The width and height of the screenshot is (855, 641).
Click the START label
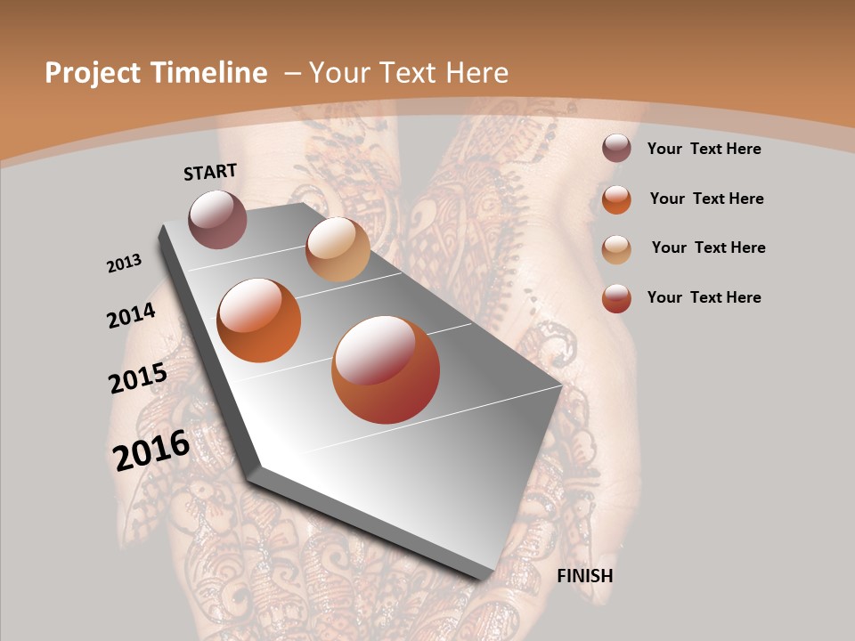[x=210, y=172]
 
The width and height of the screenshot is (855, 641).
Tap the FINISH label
[x=584, y=576]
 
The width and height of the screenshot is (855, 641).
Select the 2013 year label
[x=125, y=264]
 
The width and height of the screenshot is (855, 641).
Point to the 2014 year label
[x=132, y=316]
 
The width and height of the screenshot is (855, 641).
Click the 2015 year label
[x=138, y=378]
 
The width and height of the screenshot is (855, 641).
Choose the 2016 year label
[x=151, y=450]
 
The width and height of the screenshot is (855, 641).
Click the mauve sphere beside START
[x=217, y=219]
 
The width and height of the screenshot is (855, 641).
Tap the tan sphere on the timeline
[x=338, y=249]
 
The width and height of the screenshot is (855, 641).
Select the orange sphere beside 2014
[x=259, y=320]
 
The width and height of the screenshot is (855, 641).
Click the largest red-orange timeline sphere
[x=386, y=369]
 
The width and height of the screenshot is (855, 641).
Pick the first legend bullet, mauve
[x=616, y=149]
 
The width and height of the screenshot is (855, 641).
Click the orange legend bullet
[x=616, y=199]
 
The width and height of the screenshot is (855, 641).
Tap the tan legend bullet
[x=616, y=248]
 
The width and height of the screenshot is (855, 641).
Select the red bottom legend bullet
[x=616, y=298]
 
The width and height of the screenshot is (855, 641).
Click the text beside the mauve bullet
[x=704, y=149]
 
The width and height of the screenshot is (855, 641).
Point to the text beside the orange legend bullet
[x=706, y=199]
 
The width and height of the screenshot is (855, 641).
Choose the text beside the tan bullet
[x=708, y=247]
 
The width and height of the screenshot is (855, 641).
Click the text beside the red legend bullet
[x=704, y=297]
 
